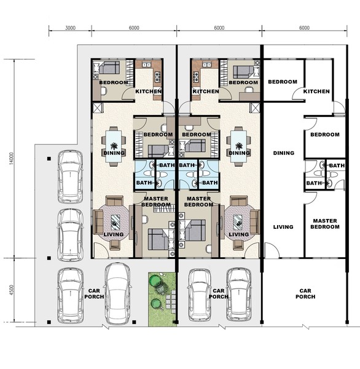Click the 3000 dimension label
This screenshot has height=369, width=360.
(70, 28)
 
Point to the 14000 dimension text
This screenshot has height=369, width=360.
(12, 159)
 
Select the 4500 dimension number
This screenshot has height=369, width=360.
(12, 290)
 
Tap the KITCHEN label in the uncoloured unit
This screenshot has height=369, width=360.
(316, 91)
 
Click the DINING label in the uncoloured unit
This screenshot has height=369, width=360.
(284, 153)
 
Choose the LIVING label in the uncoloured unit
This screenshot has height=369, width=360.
(283, 227)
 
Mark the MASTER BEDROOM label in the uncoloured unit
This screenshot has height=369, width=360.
(325, 224)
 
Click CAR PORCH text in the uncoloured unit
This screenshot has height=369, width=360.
(305, 294)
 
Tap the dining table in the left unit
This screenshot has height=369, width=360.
(114, 146)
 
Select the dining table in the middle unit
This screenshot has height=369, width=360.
(238, 146)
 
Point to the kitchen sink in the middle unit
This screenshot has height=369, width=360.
(207, 65)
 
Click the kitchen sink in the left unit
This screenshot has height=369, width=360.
(146, 65)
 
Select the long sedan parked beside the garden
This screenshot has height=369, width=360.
(117, 293)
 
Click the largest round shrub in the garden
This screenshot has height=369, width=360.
(154, 281)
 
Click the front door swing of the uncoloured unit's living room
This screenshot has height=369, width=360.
(272, 250)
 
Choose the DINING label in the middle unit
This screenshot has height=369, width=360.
(239, 153)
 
